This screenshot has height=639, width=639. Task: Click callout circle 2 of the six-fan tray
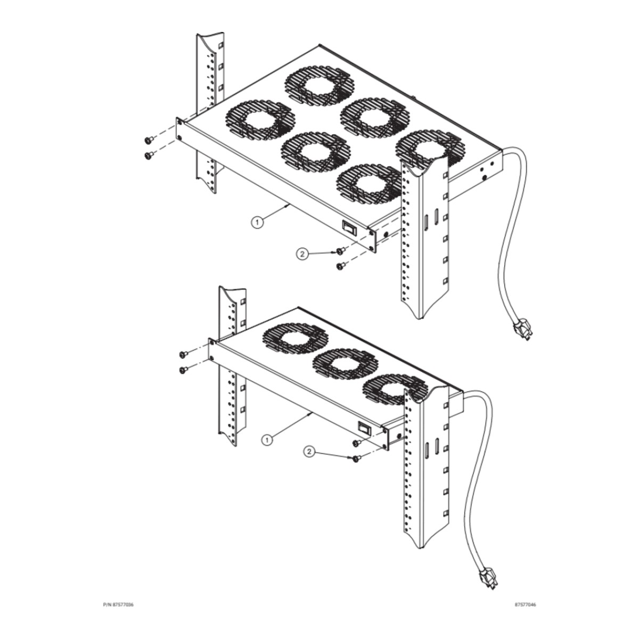[x=302, y=254]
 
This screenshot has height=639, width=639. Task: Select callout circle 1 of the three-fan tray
[x=267, y=440]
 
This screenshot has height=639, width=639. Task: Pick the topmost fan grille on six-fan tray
[x=319, y=86]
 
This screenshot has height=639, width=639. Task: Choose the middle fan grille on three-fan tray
[x=346, y=366]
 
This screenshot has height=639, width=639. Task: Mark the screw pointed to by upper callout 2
[x=340, y=251]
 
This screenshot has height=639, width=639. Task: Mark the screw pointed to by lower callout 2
[x=356, y=458]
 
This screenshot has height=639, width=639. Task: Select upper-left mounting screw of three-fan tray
[x=183, y=355]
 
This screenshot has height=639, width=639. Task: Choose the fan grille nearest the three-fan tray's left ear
[x=296, y=341]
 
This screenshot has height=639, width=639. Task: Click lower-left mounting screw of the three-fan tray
[x=183, y=370]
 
